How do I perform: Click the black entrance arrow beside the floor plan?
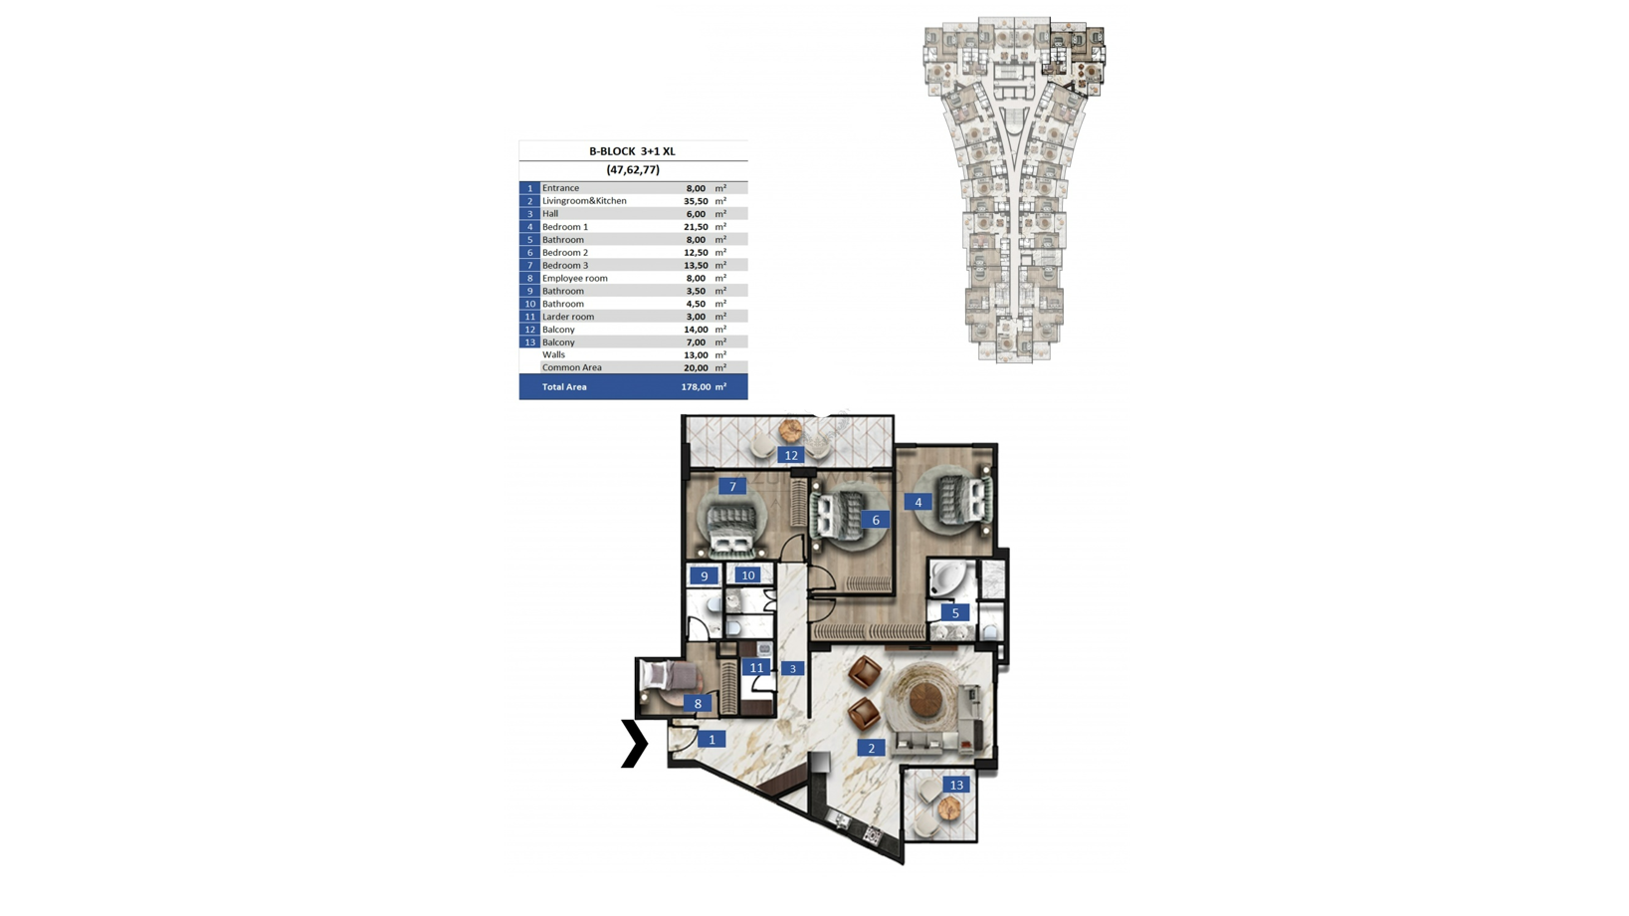pos(635,743)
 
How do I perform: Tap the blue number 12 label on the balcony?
pos(791,455)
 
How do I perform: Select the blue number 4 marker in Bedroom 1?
pos(917,502)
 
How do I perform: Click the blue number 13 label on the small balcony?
pos(956,785)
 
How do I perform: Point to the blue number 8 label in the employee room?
pos(698,704)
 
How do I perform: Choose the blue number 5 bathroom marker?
pos(955,612)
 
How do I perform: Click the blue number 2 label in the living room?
pos(872,748)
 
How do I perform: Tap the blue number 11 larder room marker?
pos(756,667)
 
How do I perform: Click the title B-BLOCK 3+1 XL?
pos(632,151)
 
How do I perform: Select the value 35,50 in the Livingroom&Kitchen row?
pos(696,201)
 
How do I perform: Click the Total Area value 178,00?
pos(696,387)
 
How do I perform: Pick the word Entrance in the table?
pos(560,188)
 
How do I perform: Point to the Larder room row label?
pos(568,317)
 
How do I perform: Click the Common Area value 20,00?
pos(696,368)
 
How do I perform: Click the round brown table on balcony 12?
pos(790,431)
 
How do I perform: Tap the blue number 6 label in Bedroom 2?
pos(876,520)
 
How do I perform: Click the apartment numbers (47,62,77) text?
pos(633,170)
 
